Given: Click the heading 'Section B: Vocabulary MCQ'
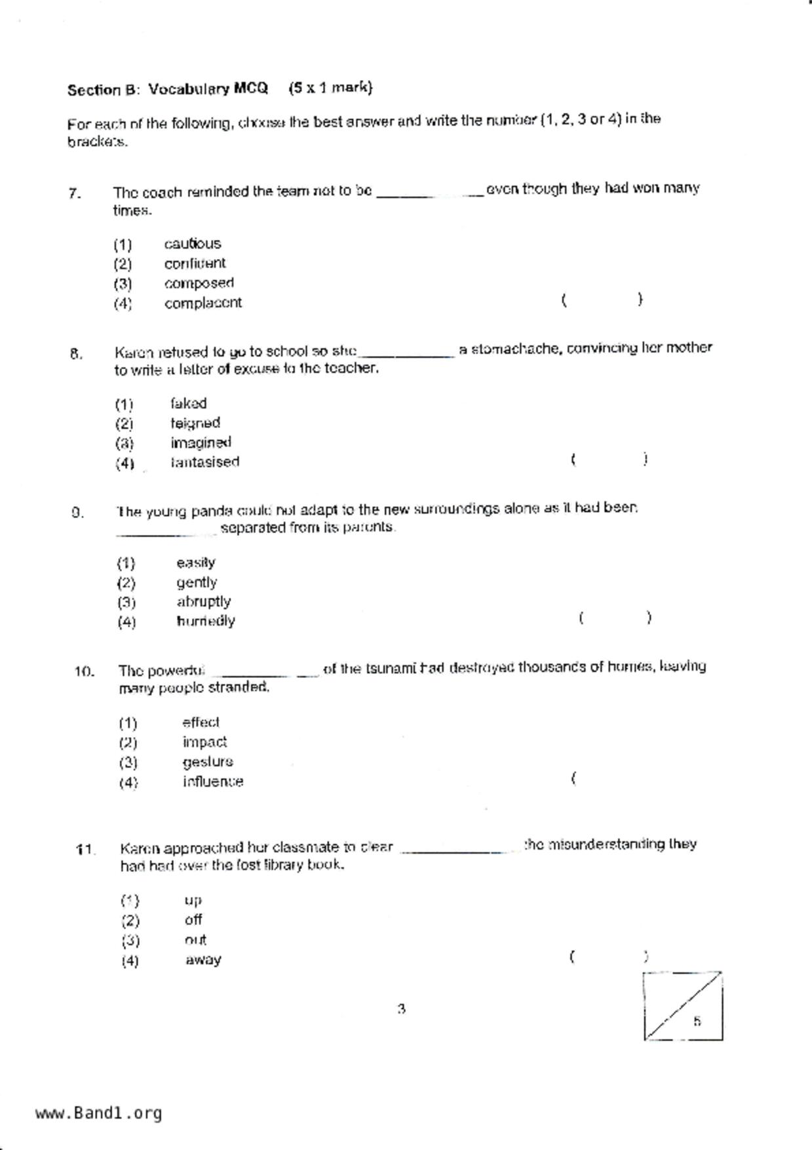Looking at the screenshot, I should pyautogui.click(x=168, y=89).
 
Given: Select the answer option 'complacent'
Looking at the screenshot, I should pyautogui.click(x=203, y=303).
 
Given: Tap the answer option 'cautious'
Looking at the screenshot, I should pyautogui.click(x=192, y=244).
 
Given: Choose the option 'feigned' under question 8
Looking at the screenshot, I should pyautogui.click(x=195, y=423).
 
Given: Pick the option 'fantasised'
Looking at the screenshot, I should pyautogui.click(x=204, y=462).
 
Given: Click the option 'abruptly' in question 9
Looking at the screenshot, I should pyautogui.click(x=203, y=602).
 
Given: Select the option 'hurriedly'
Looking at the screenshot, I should pyautogui.click(x=205, y=621).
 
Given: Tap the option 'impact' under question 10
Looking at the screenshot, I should pyautogui.click(x=204, y=742).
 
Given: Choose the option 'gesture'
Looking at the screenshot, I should pyautogui.click(x=208, y=762).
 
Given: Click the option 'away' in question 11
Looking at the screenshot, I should pyautogui.click(x=203, y=960).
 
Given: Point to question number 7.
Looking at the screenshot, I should pyautogui.click(x=74, y=193).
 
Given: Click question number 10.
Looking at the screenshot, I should pyautogui.click(x=84, y=671).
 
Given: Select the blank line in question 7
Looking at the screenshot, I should pyautogui.click(x=430, y=194).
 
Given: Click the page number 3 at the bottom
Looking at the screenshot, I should pyautogui.click(x=401, y=1009).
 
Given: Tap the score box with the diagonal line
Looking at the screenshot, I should pyautogui.click(x=683, y=1006).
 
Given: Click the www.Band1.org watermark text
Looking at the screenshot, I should pyautogui.click(x=98, y=1113).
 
